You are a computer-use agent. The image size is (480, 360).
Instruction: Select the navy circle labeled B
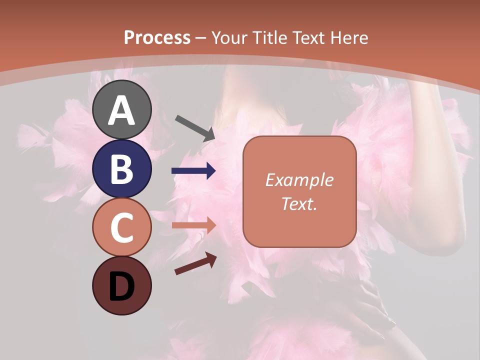(121, 168)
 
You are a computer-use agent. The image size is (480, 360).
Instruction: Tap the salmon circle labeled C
(121, 227)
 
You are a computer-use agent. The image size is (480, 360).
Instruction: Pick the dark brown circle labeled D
(121, 285)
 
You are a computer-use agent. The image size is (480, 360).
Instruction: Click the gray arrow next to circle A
(195, 127)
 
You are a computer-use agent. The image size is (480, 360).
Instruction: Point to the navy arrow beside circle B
(193, 171)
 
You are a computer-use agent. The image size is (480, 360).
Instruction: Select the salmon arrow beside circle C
(193, 224)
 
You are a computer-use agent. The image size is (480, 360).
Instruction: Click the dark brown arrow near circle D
(195, 263)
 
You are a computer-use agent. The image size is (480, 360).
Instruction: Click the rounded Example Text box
(299, 191)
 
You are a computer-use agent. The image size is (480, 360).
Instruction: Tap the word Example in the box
(299, 180)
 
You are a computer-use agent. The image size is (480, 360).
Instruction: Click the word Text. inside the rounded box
(299, 203)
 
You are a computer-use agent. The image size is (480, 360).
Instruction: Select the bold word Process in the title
(157, 37)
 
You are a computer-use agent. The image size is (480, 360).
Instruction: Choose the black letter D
(121, 287)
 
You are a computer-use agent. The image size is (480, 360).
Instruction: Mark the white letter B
(121, 169)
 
